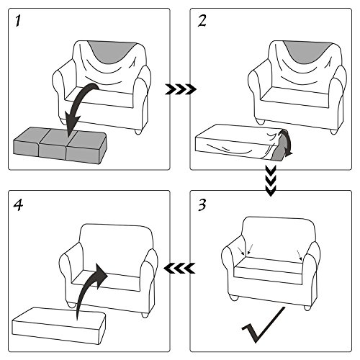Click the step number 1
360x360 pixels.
(x=18, y=21)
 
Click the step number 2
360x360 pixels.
(x=202, y=21)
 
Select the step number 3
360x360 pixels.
(x=202, y=205)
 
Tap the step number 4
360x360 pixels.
(x=18, y=205)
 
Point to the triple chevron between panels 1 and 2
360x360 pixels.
(x=181, y=89)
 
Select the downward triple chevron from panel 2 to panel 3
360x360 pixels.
(x=271, y=181)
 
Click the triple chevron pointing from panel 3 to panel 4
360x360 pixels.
(x=179, y=268)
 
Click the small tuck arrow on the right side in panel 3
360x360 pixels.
(x=300, y=255)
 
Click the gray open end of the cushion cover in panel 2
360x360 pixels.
(x=279, y=149)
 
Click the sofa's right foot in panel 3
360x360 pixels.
(x=307, y=307)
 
